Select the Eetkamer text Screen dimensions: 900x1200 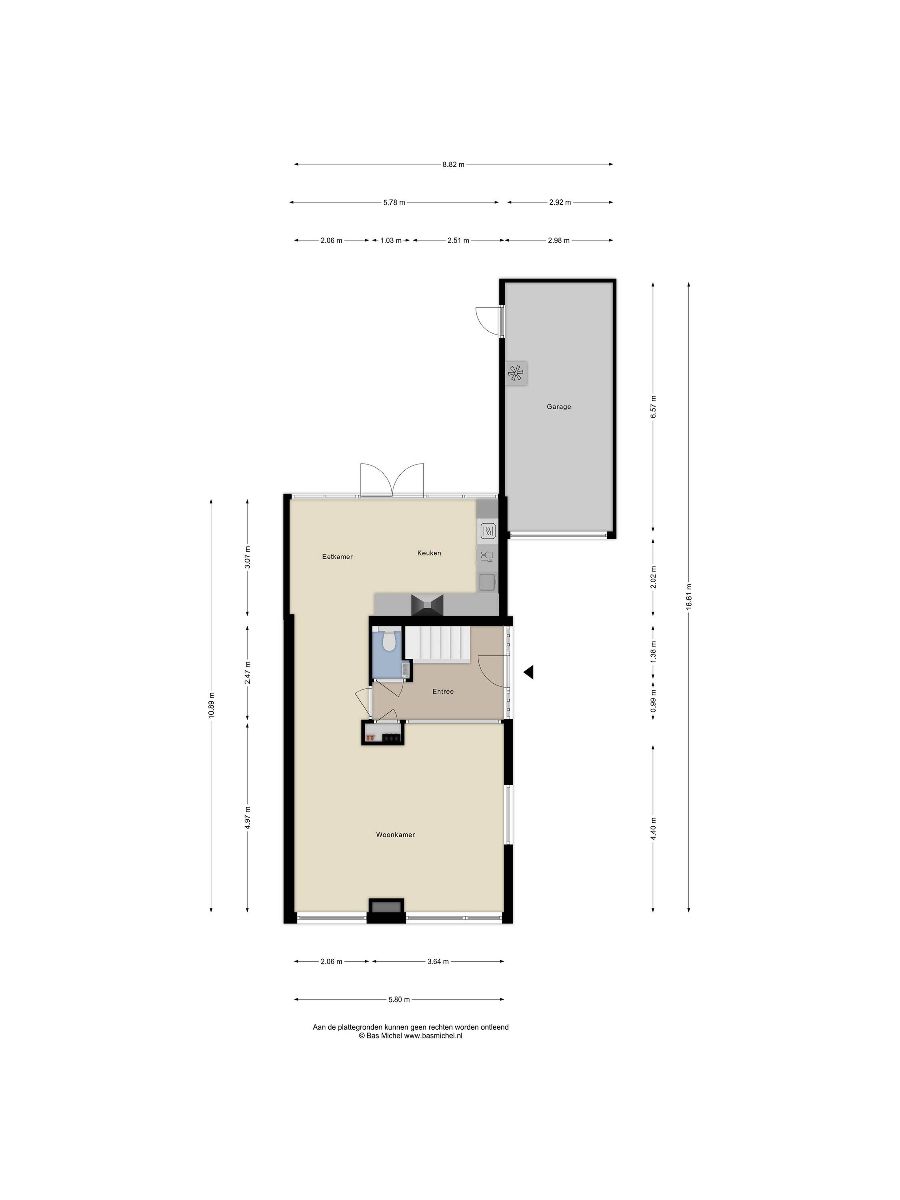337,557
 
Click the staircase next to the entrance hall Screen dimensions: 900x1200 438,645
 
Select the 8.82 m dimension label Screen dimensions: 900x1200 454,164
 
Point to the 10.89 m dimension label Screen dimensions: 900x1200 211,705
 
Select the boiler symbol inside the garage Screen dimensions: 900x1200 515,373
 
